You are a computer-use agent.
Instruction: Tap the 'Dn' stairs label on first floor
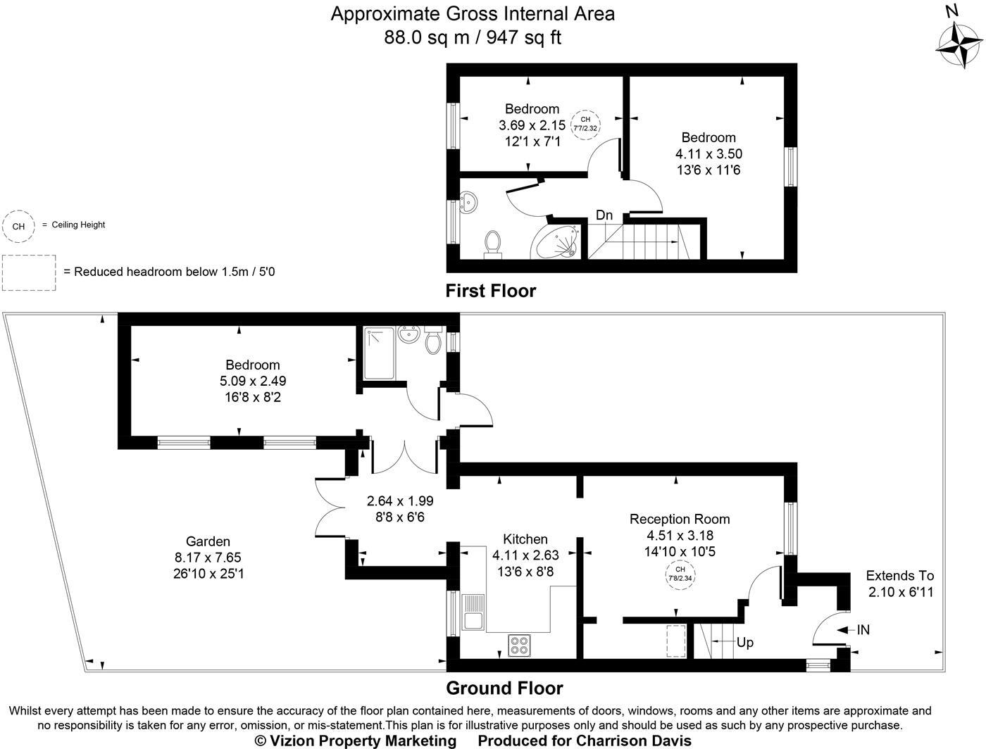[x=604, y=215]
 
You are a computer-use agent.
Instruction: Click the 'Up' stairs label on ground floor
[x=744, y=642]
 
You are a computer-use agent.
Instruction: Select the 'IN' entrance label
[x=863, y=630]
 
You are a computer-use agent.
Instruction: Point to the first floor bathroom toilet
[x=492, y=244]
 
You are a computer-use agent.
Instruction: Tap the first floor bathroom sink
[x=468, y=202]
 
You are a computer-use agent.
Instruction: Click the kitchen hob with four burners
[x=520, y=646]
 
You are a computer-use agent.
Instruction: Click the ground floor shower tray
[x=380, y=353]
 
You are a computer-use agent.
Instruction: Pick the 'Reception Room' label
[x=680, y=519]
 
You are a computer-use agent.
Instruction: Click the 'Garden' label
[x=208, y=541]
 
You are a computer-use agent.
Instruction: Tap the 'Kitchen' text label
[x=525, y=539]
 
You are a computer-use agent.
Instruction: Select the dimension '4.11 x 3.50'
[x=709, y=153]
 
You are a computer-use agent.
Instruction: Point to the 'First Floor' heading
[x=490, y=291]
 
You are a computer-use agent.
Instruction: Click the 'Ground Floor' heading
[x=504, y=688]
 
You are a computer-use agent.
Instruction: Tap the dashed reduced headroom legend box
[x=28, y=272]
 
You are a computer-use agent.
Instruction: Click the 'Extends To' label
[x=899, y=575]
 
